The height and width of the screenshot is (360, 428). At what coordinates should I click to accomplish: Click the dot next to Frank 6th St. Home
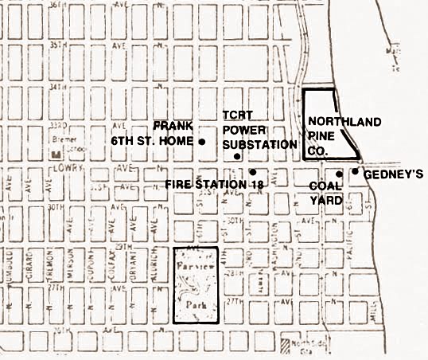click(x=202, y=142)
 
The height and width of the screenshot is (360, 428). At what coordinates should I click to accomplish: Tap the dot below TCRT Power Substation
click(x=238, y=157)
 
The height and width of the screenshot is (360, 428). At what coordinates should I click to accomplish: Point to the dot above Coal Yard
click(x=339, y=174)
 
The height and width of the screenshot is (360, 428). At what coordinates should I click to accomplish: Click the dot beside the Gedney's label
click(x=355, y=171)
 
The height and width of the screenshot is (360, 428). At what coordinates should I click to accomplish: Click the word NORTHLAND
click(x=333, y=122)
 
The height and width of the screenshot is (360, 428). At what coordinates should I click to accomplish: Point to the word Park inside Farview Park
click(x=195, y=303)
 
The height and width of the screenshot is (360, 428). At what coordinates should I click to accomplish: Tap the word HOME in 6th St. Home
click(x=180, y=142)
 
